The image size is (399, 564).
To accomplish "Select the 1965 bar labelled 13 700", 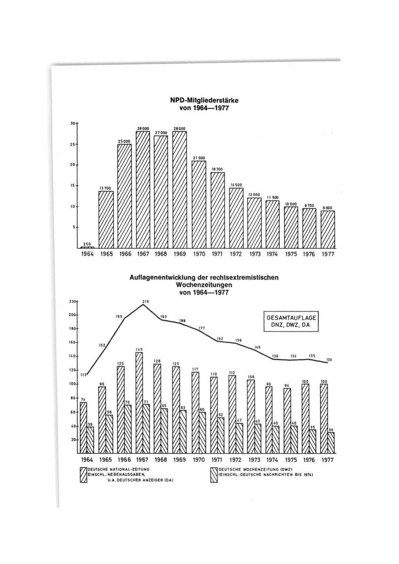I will click(106, 219).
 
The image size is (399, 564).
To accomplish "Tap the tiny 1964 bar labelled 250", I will click(87, 247).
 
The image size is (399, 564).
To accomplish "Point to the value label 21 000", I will click(199, 158).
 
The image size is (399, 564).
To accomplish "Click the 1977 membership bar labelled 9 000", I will click(328, 229).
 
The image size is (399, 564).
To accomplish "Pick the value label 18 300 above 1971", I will click(218, 169).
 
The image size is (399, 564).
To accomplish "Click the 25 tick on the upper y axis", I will click(73, 144).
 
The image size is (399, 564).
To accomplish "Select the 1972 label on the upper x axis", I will click(236, 255).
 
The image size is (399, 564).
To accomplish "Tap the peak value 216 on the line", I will click(145, 302).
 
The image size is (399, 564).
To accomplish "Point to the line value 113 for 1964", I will click(82, 375).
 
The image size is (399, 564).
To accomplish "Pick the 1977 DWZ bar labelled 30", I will click(331, 443).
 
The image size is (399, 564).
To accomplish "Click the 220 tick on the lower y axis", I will click(72, 302).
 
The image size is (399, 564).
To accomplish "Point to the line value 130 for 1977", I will click(329, 360).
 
